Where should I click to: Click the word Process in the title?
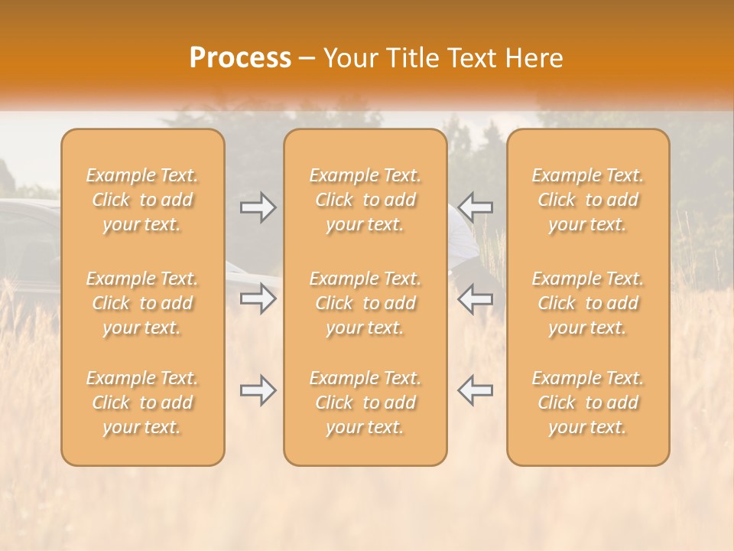tap(240, 58)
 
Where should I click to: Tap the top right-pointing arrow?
tap(258, 207)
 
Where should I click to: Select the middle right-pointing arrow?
tap(258, 298)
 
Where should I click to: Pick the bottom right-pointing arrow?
tap(258, 390)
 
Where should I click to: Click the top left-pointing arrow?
tap(475, 207)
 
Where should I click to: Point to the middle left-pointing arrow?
tap(475, 298)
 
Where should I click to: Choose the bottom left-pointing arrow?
tap(475, 390)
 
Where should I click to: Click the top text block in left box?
tap(142, 200)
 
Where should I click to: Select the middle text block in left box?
tap(142, 303)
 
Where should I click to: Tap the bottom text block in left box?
tap(142, 403)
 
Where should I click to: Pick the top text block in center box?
tap(365, 200)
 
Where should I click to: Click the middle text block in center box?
tap(365, 303)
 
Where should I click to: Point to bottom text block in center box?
tap(365, 403)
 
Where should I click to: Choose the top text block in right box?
tap(587, 200)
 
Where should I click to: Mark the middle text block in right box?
tap(587, 303)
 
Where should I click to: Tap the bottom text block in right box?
tap(587, 403)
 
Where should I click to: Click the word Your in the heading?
tap(349, 58)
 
